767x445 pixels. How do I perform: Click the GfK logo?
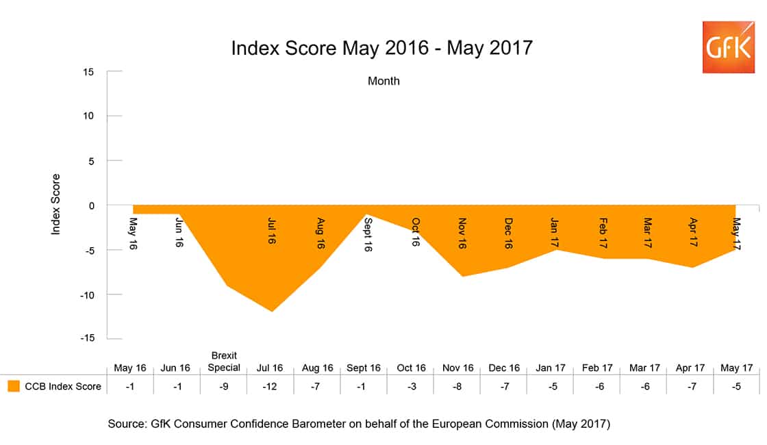[728, 47]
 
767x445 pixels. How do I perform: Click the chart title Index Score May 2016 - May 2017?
[381, 49]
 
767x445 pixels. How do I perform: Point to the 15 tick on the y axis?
[90, 71]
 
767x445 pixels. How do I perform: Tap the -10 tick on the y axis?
[87, 294]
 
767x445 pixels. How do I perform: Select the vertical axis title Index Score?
[56, 205]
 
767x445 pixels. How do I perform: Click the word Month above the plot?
[383, 81]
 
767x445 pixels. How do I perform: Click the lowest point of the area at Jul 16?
[273, 311]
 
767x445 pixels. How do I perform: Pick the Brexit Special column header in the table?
[224, 362]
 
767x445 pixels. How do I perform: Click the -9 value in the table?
[224, 386]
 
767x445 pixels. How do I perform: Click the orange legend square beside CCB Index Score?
[13, 386]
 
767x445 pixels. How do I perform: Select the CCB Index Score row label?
[63, 386]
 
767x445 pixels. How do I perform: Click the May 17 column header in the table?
[736, 368]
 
